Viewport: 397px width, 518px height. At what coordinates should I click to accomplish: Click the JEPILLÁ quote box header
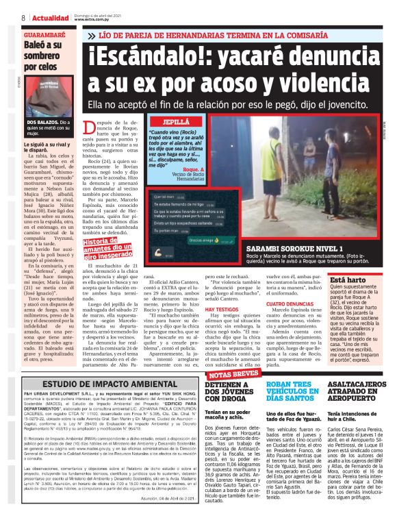tap(177, 120)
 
